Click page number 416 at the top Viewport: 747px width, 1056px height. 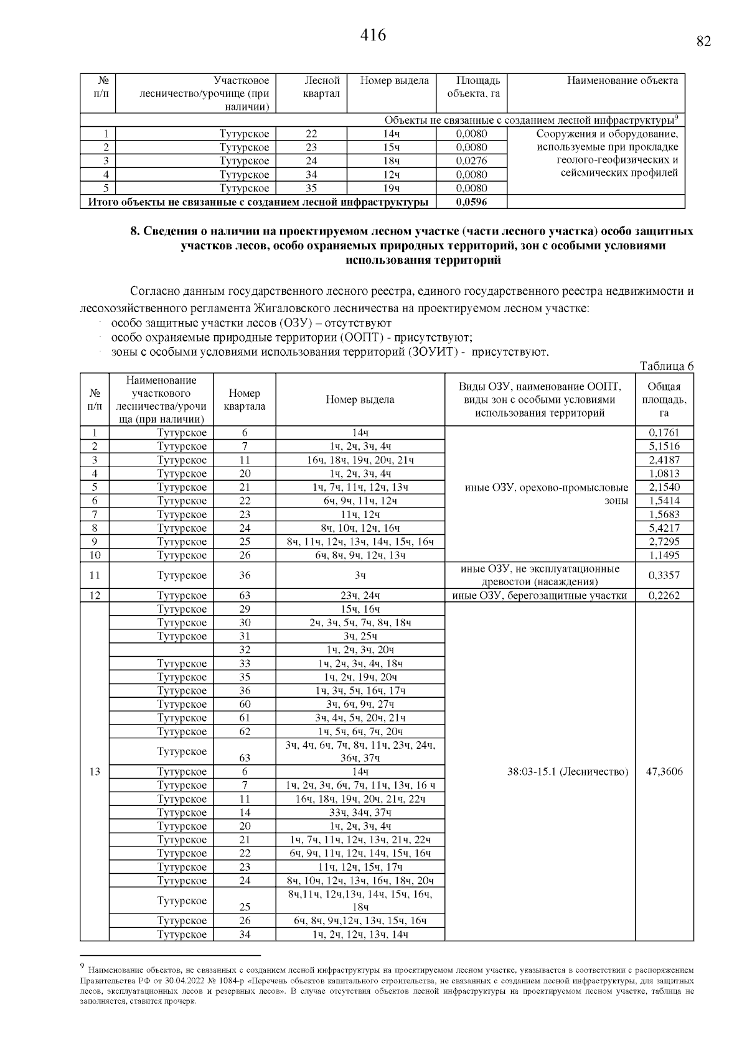pyautogui.click(x=373, y=35)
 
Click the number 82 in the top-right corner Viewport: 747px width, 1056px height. pyautogui.click(x=703, y=42)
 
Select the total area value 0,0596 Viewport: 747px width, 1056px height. pyautogui.click(x=471, y=202)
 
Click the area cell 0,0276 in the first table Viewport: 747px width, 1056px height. pyautogui.click(x=471, y=161)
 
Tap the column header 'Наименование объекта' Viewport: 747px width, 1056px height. pyautogui.click(x=622, y=80)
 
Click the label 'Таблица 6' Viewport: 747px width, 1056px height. pyautogui.click(x=667, y=366)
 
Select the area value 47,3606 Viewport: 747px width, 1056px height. pyautogui.click(x=664, y=772)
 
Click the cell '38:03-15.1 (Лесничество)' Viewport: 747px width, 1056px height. pyautogui.click(x=568, y=772)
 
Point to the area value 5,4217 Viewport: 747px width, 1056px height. pyautogui.click(x=664, y=528)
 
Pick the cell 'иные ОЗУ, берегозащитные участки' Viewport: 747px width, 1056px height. pyautogui.click(x=539, y=595)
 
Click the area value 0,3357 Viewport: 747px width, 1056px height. pyautogui.click(x=664, y=575)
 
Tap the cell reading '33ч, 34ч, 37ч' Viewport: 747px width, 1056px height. pyautogui.click(x=360, y=813)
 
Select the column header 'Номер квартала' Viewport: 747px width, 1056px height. pyautogui.click(x=244, y=399)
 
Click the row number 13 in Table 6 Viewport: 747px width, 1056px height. pyautogui.click(x=95, y=772)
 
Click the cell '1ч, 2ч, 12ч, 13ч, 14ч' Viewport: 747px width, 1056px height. pyautogui.click(x=360, y=935)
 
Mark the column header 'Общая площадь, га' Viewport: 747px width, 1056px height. pyautogui.click(x=664, y=399)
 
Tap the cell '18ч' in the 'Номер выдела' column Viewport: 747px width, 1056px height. pyautogui.click(x=392, y=161)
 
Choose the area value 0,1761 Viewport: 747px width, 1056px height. pyautogui.click(x=664, y=433)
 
